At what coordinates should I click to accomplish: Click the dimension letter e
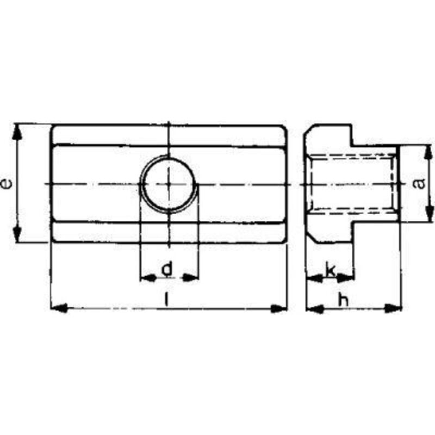tap(6, 184)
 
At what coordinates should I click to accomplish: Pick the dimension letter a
tap(419, 184)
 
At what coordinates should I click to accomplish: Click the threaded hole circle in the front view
tap(169, 184)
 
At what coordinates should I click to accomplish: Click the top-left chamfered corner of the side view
tap(308, 130)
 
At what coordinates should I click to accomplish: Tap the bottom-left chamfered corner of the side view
tap(308, 237)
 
